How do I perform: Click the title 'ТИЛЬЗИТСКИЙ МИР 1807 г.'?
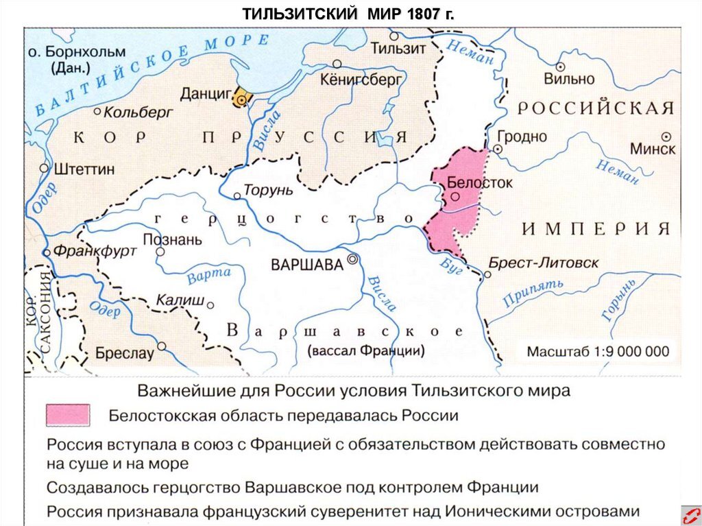(x=350, y=14)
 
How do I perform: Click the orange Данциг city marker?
(x=241, y=97)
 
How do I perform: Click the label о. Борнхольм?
(x=76, y=52)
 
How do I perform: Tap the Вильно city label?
(x=569, y=80)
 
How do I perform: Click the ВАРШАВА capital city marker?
(x=352, y=259)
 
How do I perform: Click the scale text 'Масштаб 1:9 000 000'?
(x=597, y=352)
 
